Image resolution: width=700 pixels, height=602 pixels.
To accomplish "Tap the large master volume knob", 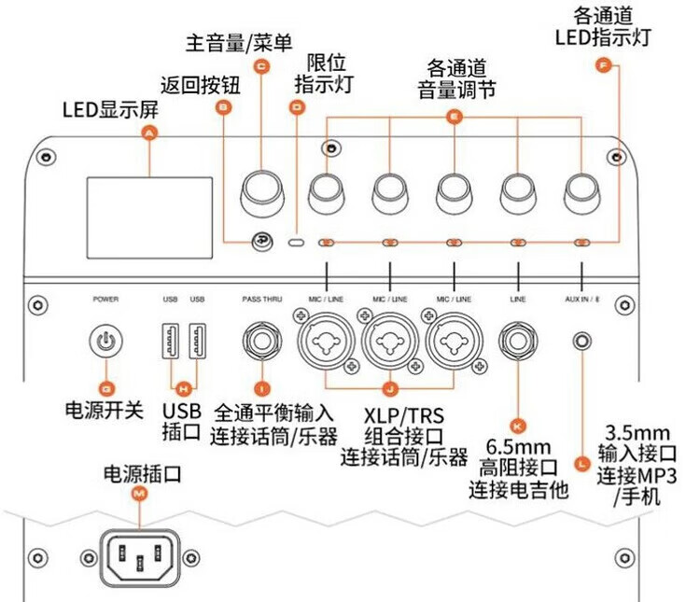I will [x=262, y=189].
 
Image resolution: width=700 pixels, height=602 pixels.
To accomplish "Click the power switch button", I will [x=105, y=341].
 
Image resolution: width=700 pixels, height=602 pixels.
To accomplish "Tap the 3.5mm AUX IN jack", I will [x=583, y=341].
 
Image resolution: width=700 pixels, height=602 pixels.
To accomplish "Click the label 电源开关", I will [x=104, y=410].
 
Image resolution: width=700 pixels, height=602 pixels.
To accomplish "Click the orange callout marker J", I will [x=390, y=387].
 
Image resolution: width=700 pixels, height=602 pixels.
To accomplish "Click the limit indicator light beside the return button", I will [x=298, y=243].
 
